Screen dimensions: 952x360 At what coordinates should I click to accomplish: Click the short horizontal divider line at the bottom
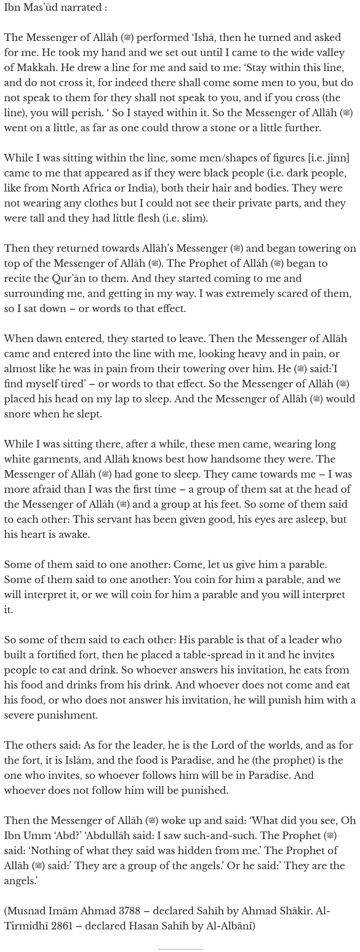(180, 949)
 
